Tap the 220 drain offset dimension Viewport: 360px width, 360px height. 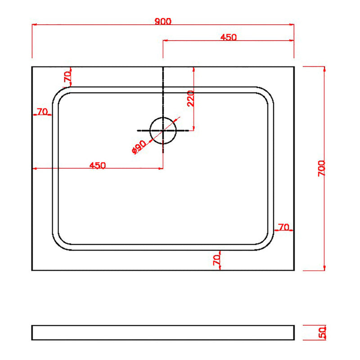coord(190,99)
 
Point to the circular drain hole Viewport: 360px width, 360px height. coord(163,130)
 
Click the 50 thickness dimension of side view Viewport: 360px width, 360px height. coord(321,333)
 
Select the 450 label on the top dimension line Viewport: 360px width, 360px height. coord(229,37)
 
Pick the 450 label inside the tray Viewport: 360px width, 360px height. coord(98,165)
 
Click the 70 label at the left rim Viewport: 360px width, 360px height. coord(43,112)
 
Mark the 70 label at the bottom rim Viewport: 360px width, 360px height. coord(216,260)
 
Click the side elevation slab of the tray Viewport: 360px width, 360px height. coord(163,333)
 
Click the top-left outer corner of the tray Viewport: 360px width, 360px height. coord(32,67)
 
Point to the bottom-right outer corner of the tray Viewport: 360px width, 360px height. coord(294,270)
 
